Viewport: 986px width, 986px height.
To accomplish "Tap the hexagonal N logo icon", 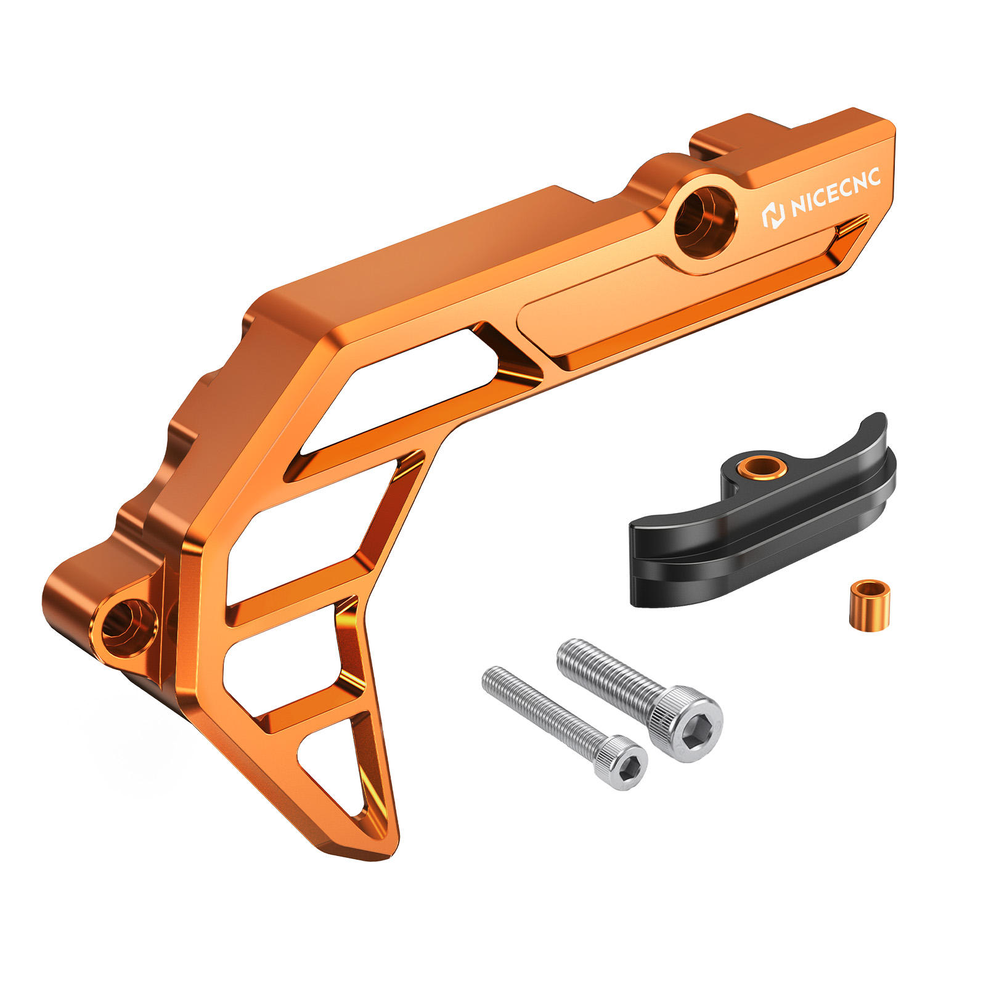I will click(x=773, y=216).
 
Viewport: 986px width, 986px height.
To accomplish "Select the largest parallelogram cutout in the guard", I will click(x=401, y=394).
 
